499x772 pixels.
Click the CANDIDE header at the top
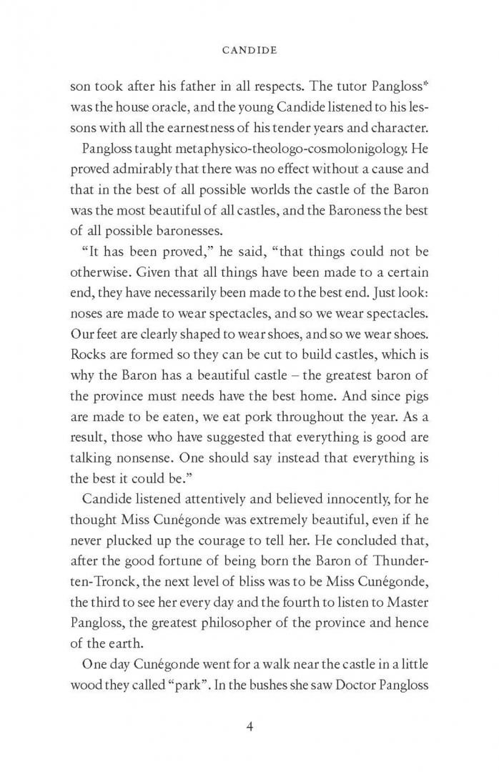click(249, 51)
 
